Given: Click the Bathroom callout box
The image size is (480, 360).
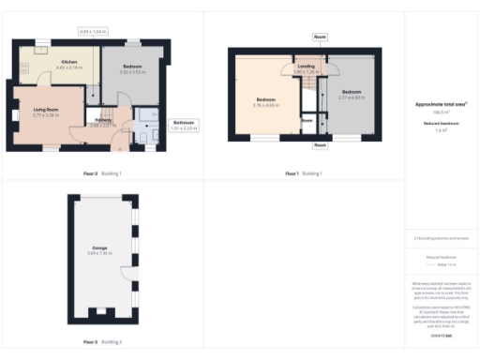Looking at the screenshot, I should tap(185, 126).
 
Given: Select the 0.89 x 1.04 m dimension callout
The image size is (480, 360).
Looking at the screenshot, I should tap(94, 32).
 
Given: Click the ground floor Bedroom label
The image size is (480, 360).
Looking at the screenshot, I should tap(132, 67).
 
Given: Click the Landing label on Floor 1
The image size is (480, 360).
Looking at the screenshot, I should tap(306, 66).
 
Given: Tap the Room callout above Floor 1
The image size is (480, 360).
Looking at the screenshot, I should tap(321, 37).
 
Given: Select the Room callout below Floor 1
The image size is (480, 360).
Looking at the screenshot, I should tap(321, 145).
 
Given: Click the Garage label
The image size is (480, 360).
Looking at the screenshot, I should tap(99, 248).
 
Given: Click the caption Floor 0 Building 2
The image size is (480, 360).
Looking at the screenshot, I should tap(103, 342).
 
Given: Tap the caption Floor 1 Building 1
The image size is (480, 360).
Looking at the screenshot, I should tap(304, 173).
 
